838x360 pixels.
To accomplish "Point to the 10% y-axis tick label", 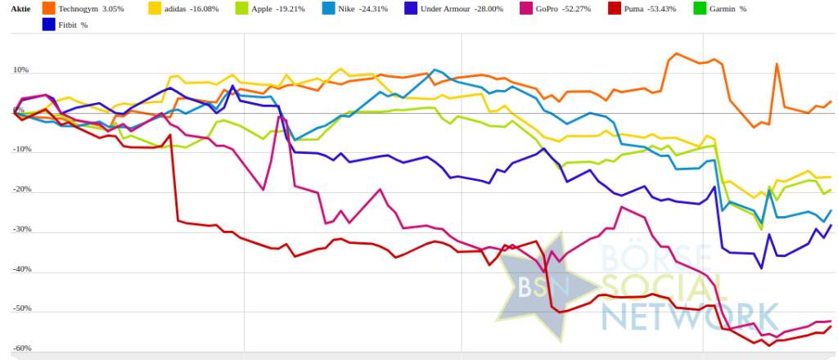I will pos(20,70).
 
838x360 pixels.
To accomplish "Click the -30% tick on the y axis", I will pos(20,229).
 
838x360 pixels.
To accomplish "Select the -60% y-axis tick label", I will pos(20,349).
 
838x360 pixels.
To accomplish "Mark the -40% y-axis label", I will pos(20,269).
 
